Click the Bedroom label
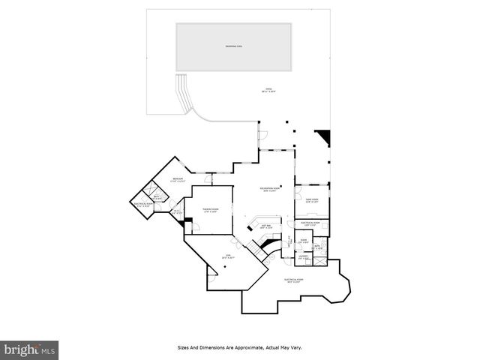(x=177, y=179)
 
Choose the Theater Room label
(x=210, y=210)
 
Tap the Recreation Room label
(x=271, y=189)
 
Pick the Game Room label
(x=311, y=200)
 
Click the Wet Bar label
(x=265, y=226)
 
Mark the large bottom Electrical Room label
(x=292, y=280)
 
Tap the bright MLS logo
(x=30, y=349)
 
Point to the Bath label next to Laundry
(x=318, y=247)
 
